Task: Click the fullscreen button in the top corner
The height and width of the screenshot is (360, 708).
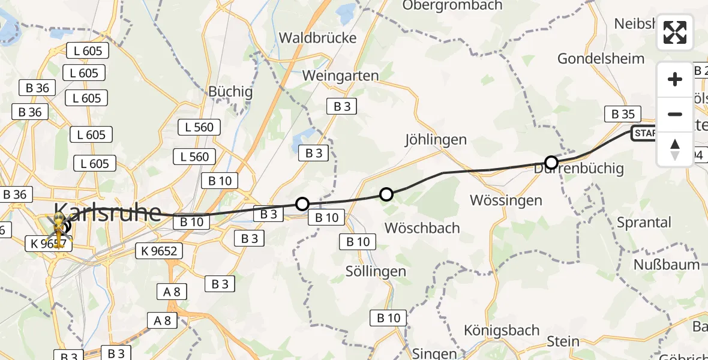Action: click(675, 32)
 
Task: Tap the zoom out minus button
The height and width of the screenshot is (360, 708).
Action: click(675, 114)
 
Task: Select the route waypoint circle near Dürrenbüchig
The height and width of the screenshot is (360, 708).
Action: click(551, 162)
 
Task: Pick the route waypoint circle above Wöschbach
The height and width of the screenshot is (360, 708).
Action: click(386, 194)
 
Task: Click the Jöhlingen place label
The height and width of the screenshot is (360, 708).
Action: click(436, 140)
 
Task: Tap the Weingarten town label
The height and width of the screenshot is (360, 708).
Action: click(341, 76)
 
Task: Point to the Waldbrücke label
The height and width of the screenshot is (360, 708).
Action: click(317, 38)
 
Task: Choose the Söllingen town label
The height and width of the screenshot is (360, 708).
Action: click(376, 271)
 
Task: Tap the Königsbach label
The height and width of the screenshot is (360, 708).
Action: click(502, 331)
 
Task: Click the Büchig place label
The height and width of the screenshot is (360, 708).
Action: click(230, 92)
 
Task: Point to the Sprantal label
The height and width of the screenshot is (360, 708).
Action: click(644, 223)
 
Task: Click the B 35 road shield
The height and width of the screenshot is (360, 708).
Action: click(623, 114)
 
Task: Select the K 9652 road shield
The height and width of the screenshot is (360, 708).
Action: click(160, 250)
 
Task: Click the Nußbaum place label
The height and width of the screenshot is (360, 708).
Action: click(667, 265)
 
